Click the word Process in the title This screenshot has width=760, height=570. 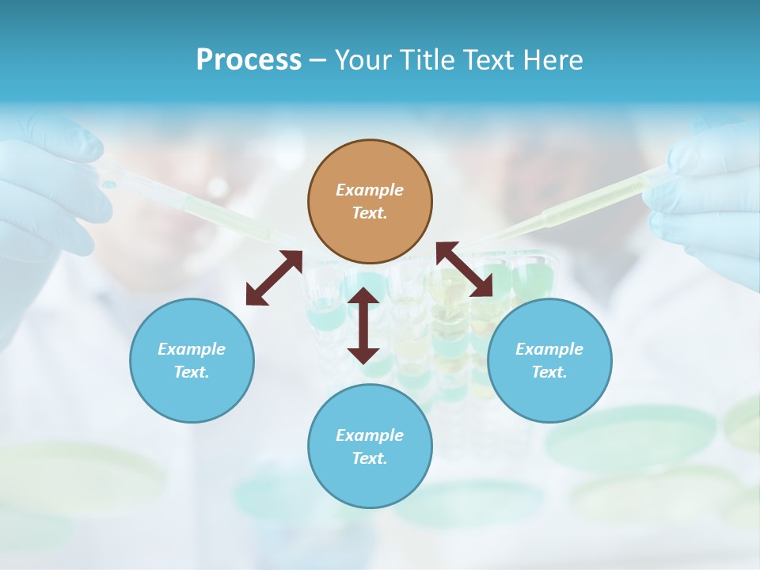pos(249,60)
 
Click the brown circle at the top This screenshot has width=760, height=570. pos(370,202)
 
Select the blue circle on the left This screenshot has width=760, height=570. pos(192,360)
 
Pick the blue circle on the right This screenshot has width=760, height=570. pos(549,360)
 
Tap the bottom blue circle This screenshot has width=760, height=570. pos(370,446)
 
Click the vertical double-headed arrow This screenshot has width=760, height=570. pos(363,325)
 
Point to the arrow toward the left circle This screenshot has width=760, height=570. pos(274,277)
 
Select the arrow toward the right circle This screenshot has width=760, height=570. pos(465,269)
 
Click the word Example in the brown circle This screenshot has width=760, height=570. pos(370,190)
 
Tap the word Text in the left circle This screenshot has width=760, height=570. pos(192,372)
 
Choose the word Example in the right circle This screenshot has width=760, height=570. pos(549,349)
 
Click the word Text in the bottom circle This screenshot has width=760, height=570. pos(370,458)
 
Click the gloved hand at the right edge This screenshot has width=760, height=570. pos(709,198)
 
